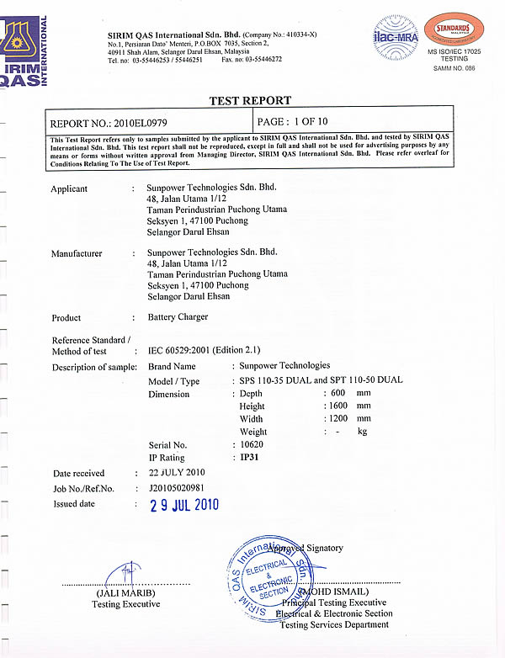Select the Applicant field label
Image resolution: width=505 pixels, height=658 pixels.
pos(69,188)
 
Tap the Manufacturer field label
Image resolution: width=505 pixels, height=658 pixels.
pos(77,253)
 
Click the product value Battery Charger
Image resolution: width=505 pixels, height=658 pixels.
pos(178,317)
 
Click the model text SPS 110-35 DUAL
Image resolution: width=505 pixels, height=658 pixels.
pos(276,380)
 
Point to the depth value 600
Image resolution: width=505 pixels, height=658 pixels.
pos(338,394)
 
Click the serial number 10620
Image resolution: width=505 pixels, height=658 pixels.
pos(252,444)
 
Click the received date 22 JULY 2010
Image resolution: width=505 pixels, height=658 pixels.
pos(178,473)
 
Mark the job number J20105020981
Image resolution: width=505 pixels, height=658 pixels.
pos(176,487)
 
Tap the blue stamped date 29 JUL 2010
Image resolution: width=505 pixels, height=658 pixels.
pos(183,505)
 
